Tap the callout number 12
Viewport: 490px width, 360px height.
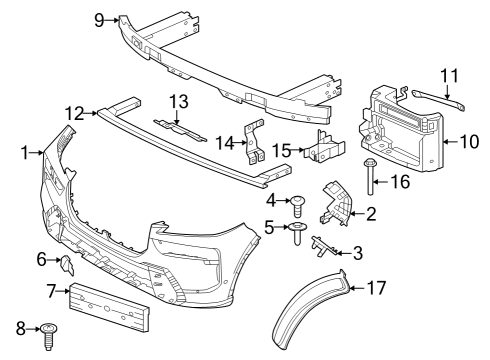tap(75, 113)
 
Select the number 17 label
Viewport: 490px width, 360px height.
tap(375, 289)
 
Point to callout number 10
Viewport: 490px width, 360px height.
tap(469, 141)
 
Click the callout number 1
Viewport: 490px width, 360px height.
tap(23, 153)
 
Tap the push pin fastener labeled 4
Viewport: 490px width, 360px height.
tap(299, 206)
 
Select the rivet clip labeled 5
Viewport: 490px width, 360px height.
tap(299, 234)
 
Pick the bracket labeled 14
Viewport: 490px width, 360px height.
tap(256, 142)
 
